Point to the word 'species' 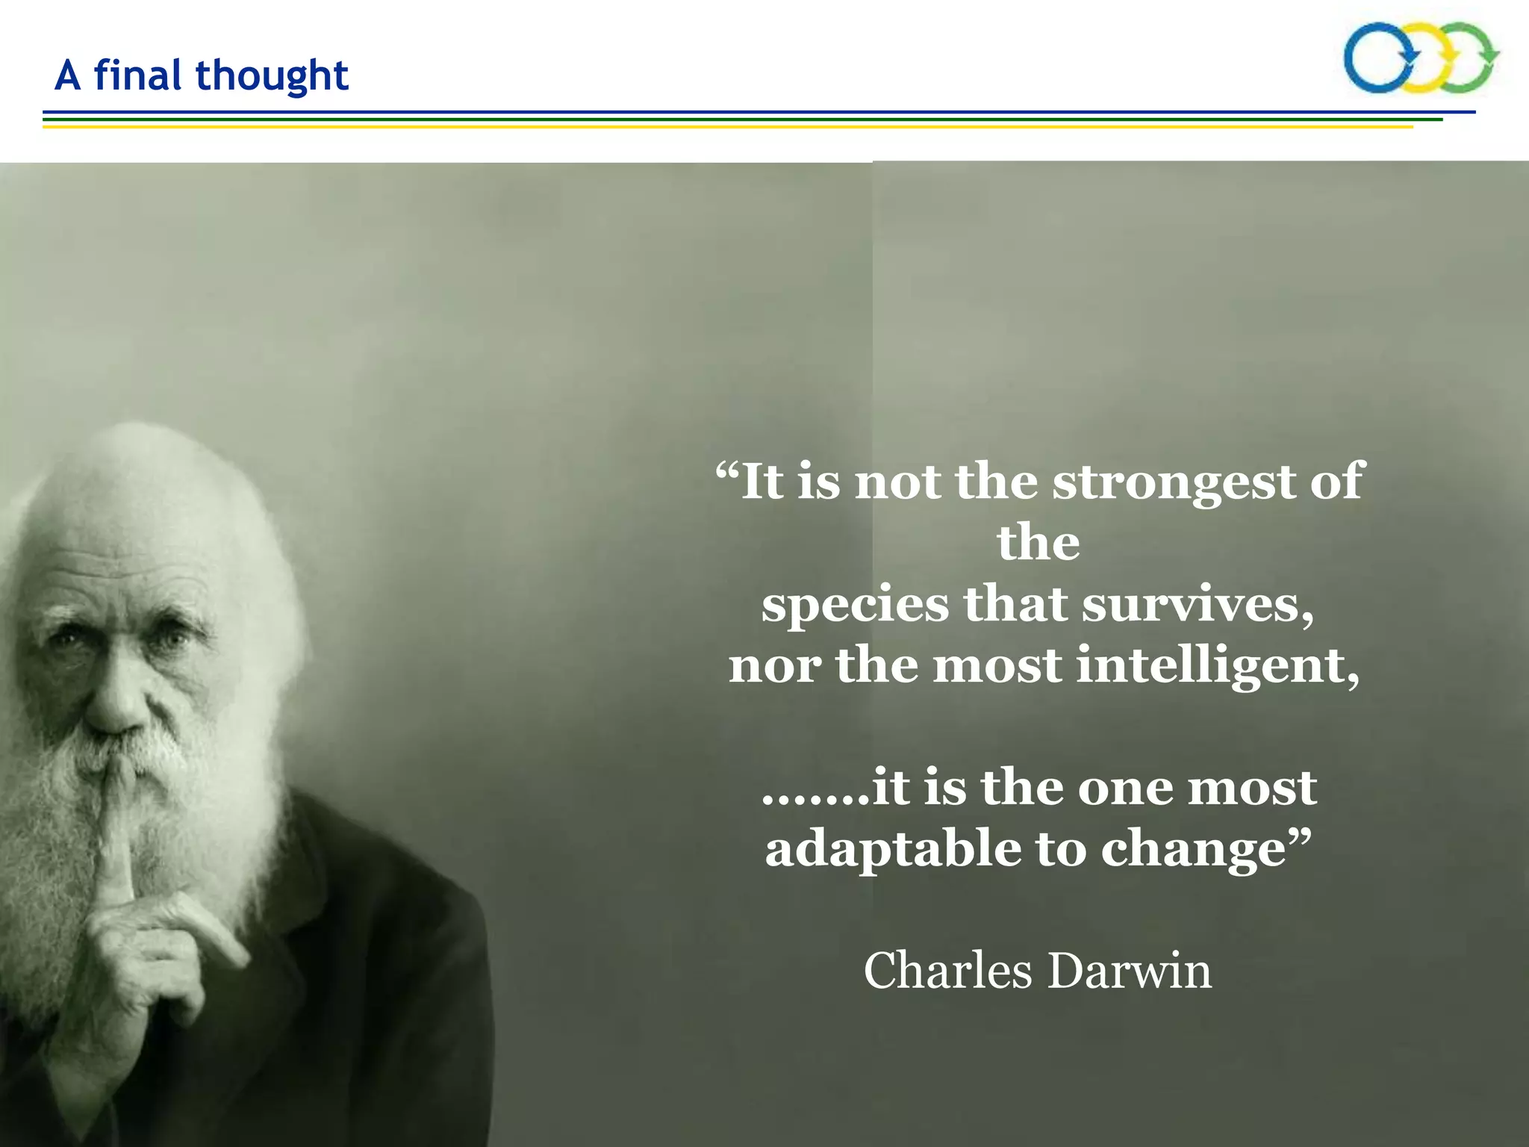(854, 606)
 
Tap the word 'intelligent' (1218, 666)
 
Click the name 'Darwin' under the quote (1130, 971)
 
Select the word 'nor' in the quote (774, 666)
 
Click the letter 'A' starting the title (68, 75)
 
